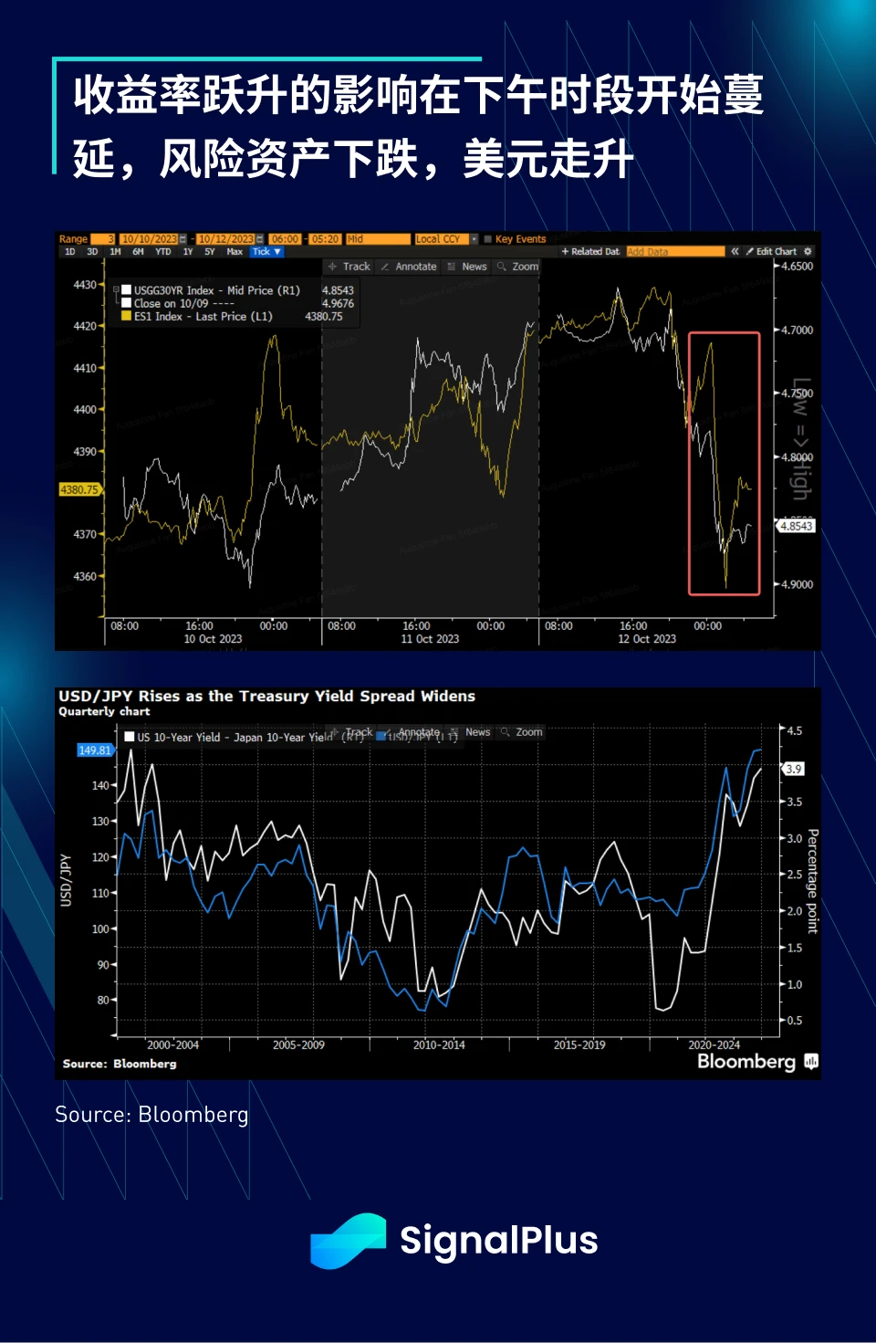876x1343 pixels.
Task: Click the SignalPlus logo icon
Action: coord(348,1240)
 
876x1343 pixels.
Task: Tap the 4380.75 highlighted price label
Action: coord(78,490)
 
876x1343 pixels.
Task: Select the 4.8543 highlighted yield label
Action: coord(796,526)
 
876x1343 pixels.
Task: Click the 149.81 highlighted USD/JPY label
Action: coord(94,750)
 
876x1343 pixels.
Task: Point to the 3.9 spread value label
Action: coord(794,769)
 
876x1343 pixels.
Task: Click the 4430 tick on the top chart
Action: coord(85,285)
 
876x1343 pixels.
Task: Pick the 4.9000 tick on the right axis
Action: coord(797,584)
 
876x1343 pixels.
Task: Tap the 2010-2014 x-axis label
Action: coord(439,1044)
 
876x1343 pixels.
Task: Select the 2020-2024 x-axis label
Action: coord(714,1044)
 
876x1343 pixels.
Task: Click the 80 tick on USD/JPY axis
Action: coord(103,1000)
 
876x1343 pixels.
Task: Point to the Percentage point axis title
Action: coord(812,881)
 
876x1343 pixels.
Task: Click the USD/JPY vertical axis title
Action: coord(66,880)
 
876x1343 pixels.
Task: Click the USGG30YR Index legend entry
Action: coord(216,290)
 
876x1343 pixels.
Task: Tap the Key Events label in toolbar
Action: coord(520,239)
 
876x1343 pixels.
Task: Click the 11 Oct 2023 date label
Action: coord(430,639)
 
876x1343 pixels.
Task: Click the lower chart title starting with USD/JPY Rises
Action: coord(266,697)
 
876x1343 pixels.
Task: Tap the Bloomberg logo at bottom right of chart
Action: coord(756,1061)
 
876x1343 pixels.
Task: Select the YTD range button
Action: coord(162,252)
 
